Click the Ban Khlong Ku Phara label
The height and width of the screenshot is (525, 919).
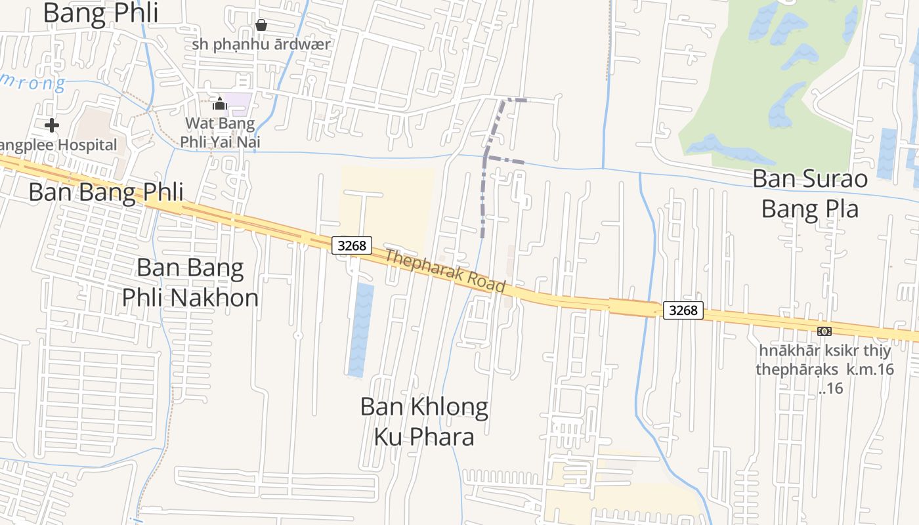click(x=424, y=421)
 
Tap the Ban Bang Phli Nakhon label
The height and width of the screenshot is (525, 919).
click(x=190, y=282)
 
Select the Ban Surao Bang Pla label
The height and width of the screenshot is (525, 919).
click(x=809, y=193)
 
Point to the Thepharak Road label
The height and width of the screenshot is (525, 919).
click(x=445, y=270)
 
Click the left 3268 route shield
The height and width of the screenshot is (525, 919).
click(x=351, y=245)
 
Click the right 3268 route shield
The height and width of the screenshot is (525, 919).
click(x=683, y=310)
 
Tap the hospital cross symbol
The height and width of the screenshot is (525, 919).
click(x=52, y=125)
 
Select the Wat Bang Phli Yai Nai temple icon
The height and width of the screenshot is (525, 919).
click(x=220, y=104)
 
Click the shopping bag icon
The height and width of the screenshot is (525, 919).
click(x=261, y=25)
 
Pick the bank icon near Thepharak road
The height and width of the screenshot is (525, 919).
click(x=824, y=331)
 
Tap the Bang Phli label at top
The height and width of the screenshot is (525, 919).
click(x=92, y=13)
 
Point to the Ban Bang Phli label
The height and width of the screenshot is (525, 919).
click(x=106, y=192)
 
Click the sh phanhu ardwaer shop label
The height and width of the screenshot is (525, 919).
click(x=261, y=45)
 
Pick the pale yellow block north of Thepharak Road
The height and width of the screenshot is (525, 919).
click(x=387, y=197)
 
